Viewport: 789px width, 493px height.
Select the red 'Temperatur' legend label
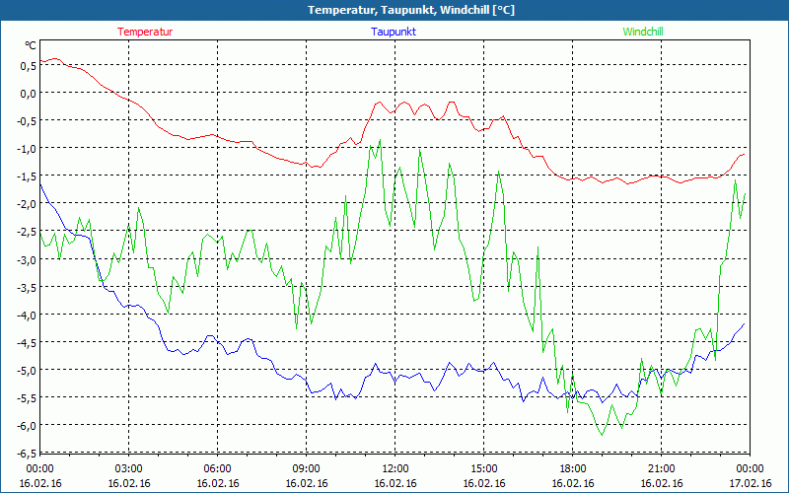click(145, 32)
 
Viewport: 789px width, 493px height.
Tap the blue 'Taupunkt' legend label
click(394, 32)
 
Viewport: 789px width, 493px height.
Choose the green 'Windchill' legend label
click(643, 32)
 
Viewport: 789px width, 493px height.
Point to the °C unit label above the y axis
click(31, 45)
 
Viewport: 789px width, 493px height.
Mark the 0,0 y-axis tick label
click(28, 93)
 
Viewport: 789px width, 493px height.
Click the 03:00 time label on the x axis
click(129, 468)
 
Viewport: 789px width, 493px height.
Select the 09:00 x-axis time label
click(307, 468)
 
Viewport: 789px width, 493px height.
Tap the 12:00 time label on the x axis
click(395, 468)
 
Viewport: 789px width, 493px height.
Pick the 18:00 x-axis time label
click(573, 468)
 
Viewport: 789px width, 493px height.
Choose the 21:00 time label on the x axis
click(662, 468)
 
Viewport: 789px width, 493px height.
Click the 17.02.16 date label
click(751, 483)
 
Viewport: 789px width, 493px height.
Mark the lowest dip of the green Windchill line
click(601, 435)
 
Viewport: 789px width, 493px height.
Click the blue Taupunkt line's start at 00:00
click(40, 183)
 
